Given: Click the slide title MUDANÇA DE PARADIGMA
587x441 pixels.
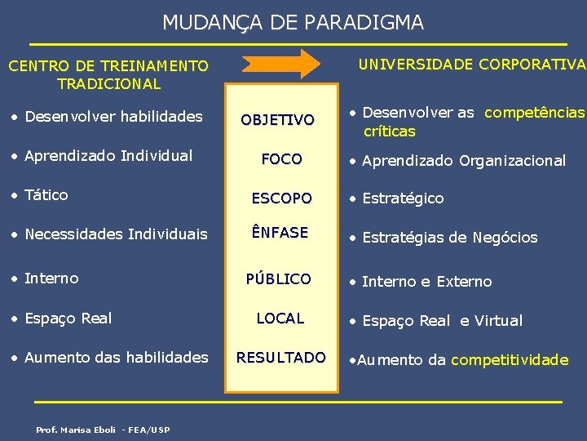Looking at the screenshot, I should (x=293, y=22).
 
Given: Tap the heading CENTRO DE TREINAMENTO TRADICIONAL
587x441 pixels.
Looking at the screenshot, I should (x=108, y=74).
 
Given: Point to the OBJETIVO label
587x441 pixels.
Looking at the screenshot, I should (x=277, y=120).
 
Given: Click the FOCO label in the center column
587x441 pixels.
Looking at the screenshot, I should (x=281, y=158).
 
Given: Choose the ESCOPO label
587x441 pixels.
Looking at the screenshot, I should (x=281, y=198).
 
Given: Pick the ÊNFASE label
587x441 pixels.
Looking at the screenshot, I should (x=280, y=233).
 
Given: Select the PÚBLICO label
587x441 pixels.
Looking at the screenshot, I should (x=279, y=278).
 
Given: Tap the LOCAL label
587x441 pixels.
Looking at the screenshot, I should (x=280, y=318).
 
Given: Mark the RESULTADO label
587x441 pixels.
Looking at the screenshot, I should (x=280, y=357).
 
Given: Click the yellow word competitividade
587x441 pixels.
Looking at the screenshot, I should (x=510, y=360).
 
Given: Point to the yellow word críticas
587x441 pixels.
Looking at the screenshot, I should (x=389, y=131).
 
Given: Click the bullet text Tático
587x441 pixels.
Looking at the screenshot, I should (x=46, y=195).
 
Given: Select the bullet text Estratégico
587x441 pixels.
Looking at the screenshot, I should (x=403, y=198).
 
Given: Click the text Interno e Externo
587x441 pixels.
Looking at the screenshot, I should (x=426, y=282).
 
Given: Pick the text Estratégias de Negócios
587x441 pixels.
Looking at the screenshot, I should (x=449, y=238).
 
